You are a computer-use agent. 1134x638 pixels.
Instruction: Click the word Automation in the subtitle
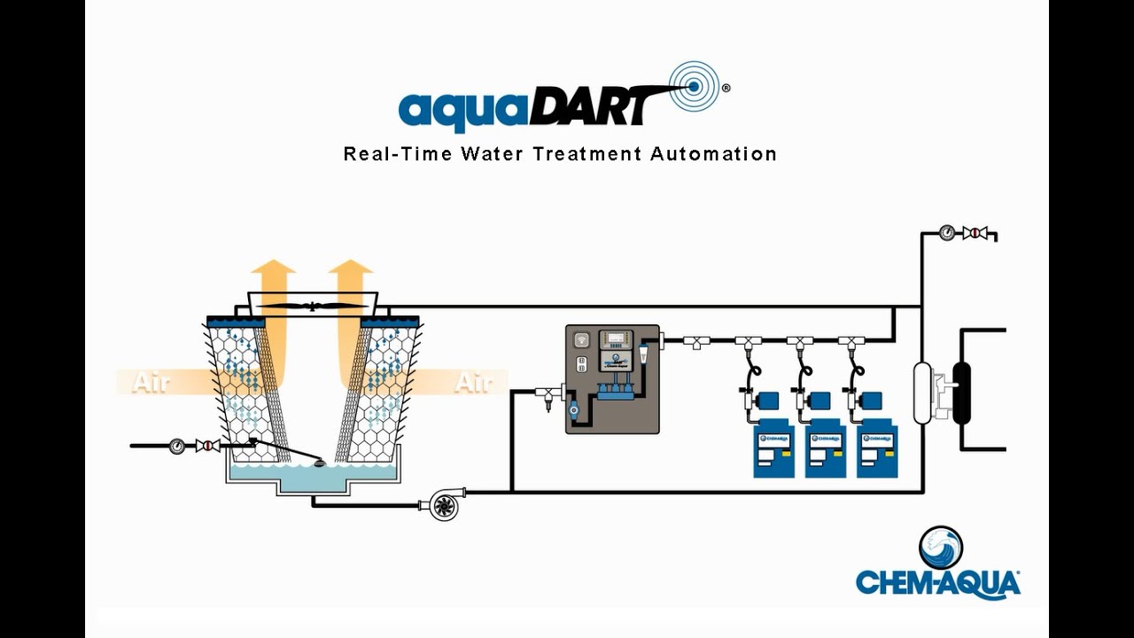tap(713, 153)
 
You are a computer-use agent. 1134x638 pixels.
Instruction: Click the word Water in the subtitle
tap(492, 153)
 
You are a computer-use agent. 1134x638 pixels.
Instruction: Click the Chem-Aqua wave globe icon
tap(940, 548)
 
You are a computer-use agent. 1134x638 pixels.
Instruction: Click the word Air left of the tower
tap(151, 383)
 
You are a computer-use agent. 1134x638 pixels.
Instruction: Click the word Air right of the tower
tap(473, 383)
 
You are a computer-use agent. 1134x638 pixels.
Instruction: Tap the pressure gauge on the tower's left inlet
tap(177, 446)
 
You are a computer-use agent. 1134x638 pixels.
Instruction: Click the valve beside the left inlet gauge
tap(207, 446)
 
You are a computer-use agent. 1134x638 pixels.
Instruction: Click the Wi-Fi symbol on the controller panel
tap(582, 339)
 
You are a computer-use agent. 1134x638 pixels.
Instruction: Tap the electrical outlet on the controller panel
tap(582, 364)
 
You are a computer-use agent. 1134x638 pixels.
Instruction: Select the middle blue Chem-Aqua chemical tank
tap(825, 451)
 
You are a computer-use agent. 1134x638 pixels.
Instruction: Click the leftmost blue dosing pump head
tap(768, 401)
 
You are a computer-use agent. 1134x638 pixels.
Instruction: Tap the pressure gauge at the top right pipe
tap(947, 233)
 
